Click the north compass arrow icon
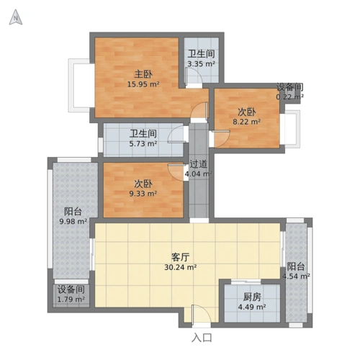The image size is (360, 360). [x=15, y=18]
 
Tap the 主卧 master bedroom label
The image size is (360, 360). [x=143, y=74]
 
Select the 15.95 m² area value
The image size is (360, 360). [x=143, y=84]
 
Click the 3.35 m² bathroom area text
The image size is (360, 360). [x=201, y=64]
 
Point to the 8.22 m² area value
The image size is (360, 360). [x=246, y=122]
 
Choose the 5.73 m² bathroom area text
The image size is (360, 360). [x=143, y=144]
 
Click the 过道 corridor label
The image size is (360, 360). [x=199, y=163]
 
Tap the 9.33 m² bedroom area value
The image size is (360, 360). [x=143, y=194]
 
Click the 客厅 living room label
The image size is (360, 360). [x=181, y=256]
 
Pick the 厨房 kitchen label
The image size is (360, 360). [x=251, y=296]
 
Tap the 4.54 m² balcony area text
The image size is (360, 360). [x=296, y=276]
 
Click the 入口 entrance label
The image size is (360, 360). [x=202, y=337]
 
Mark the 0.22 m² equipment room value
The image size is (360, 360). [x=290, y=96]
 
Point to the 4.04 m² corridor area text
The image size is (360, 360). [x=197, y=174]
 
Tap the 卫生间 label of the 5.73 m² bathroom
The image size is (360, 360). [x=143, y=134]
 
